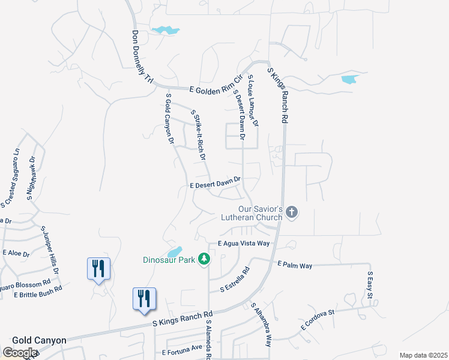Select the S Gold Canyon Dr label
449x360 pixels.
169,119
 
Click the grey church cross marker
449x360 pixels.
292,211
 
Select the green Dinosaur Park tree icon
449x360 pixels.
205,259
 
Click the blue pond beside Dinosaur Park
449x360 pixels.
174,252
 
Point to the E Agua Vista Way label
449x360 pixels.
244,244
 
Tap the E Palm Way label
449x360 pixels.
295,265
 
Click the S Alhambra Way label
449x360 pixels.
262,325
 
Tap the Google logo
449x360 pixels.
19,353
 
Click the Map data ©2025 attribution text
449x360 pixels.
423,355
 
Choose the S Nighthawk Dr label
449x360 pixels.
31,178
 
